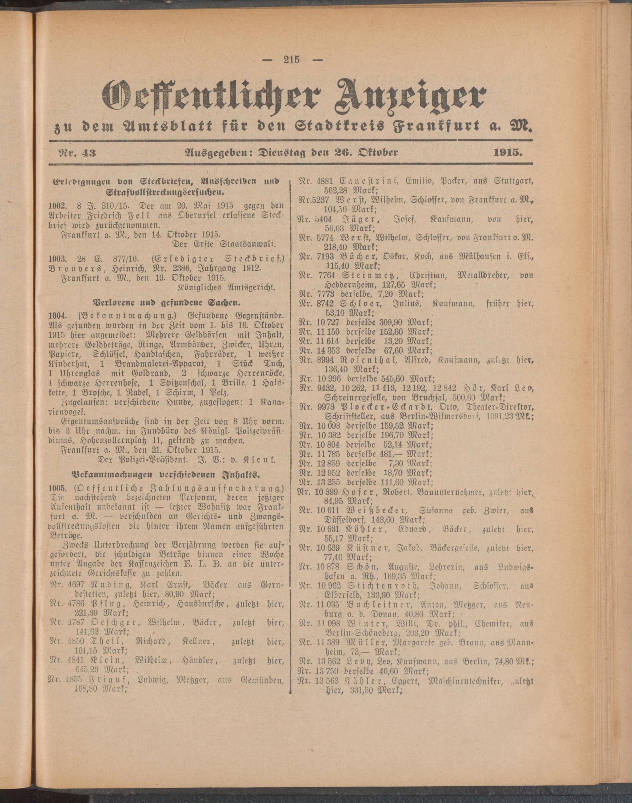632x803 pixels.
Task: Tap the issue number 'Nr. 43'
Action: [72, 152]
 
